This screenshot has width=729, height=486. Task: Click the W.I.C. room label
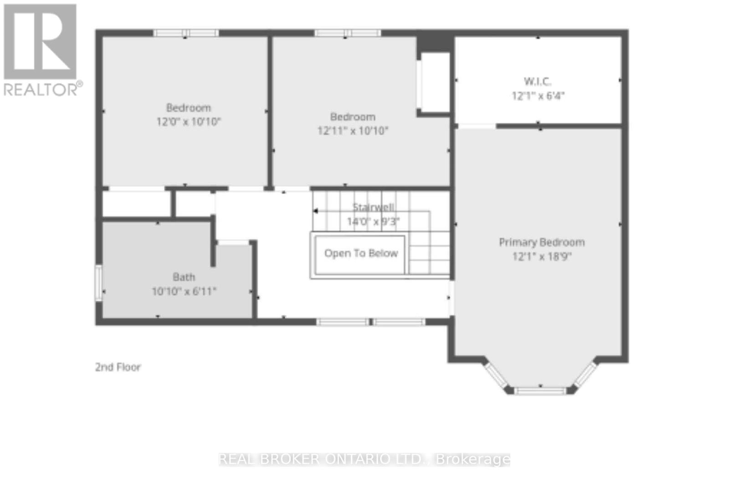tap(537, 82)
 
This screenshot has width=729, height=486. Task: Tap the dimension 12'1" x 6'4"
tap(538, 96)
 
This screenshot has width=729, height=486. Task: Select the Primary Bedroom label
tap(542, 242)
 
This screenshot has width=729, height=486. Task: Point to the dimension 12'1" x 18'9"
tap(542, 256)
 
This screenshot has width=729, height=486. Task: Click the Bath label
tap(184, 277)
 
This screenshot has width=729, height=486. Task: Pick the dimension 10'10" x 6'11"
tap(184, 291)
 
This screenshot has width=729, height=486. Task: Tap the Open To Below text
tap(361, 253)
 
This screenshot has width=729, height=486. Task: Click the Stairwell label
tap(373, 207)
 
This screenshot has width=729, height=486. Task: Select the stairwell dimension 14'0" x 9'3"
tap(373, 222)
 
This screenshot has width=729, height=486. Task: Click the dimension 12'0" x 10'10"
tap(189, 122)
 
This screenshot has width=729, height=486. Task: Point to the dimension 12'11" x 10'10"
tap(353, 131)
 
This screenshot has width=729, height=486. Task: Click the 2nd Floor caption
tap(118, 367)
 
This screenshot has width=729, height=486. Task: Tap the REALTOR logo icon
tap(40, 41)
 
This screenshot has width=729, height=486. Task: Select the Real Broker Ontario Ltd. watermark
tap(364, 459)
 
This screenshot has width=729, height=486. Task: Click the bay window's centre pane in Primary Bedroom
tap(540, 390)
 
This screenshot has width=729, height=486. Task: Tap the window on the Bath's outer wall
tap(98, 283)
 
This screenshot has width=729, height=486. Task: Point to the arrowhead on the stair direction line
tap(315, 211)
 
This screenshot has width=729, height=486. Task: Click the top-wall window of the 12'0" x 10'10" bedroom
tap(186, 33)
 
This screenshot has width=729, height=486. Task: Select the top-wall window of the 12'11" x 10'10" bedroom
tap(347, 33)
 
